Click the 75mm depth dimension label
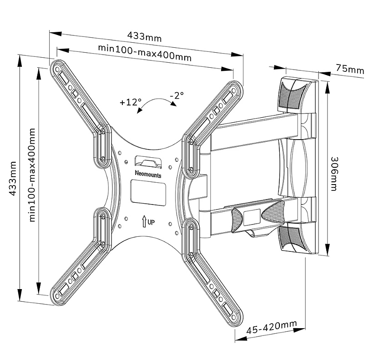[x=350, y=70]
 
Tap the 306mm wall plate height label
[x=334, y=174]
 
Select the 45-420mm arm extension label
[x=272, y=327]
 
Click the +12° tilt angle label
[x=131, y=102]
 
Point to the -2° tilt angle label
[x=177, y=95]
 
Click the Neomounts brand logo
[x=148, y=174]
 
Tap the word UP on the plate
[x=151, y=222]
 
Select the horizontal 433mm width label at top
[x=145, y=37]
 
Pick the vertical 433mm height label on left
[x=12, y=179]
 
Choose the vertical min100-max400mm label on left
[x=32, y=175]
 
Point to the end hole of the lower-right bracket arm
[x=235, y=318]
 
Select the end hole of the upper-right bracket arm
[x=233, y=90]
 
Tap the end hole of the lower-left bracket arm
[x=57, y=296]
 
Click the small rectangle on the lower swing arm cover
[x=252, y=217]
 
